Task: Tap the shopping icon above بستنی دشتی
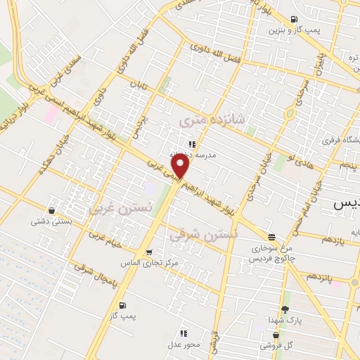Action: [51, 210]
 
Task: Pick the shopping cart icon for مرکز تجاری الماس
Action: [148, 252]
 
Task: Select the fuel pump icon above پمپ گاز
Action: [124, 305]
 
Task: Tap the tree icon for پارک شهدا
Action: [285, 309]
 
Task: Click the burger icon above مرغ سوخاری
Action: [271, 237]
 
